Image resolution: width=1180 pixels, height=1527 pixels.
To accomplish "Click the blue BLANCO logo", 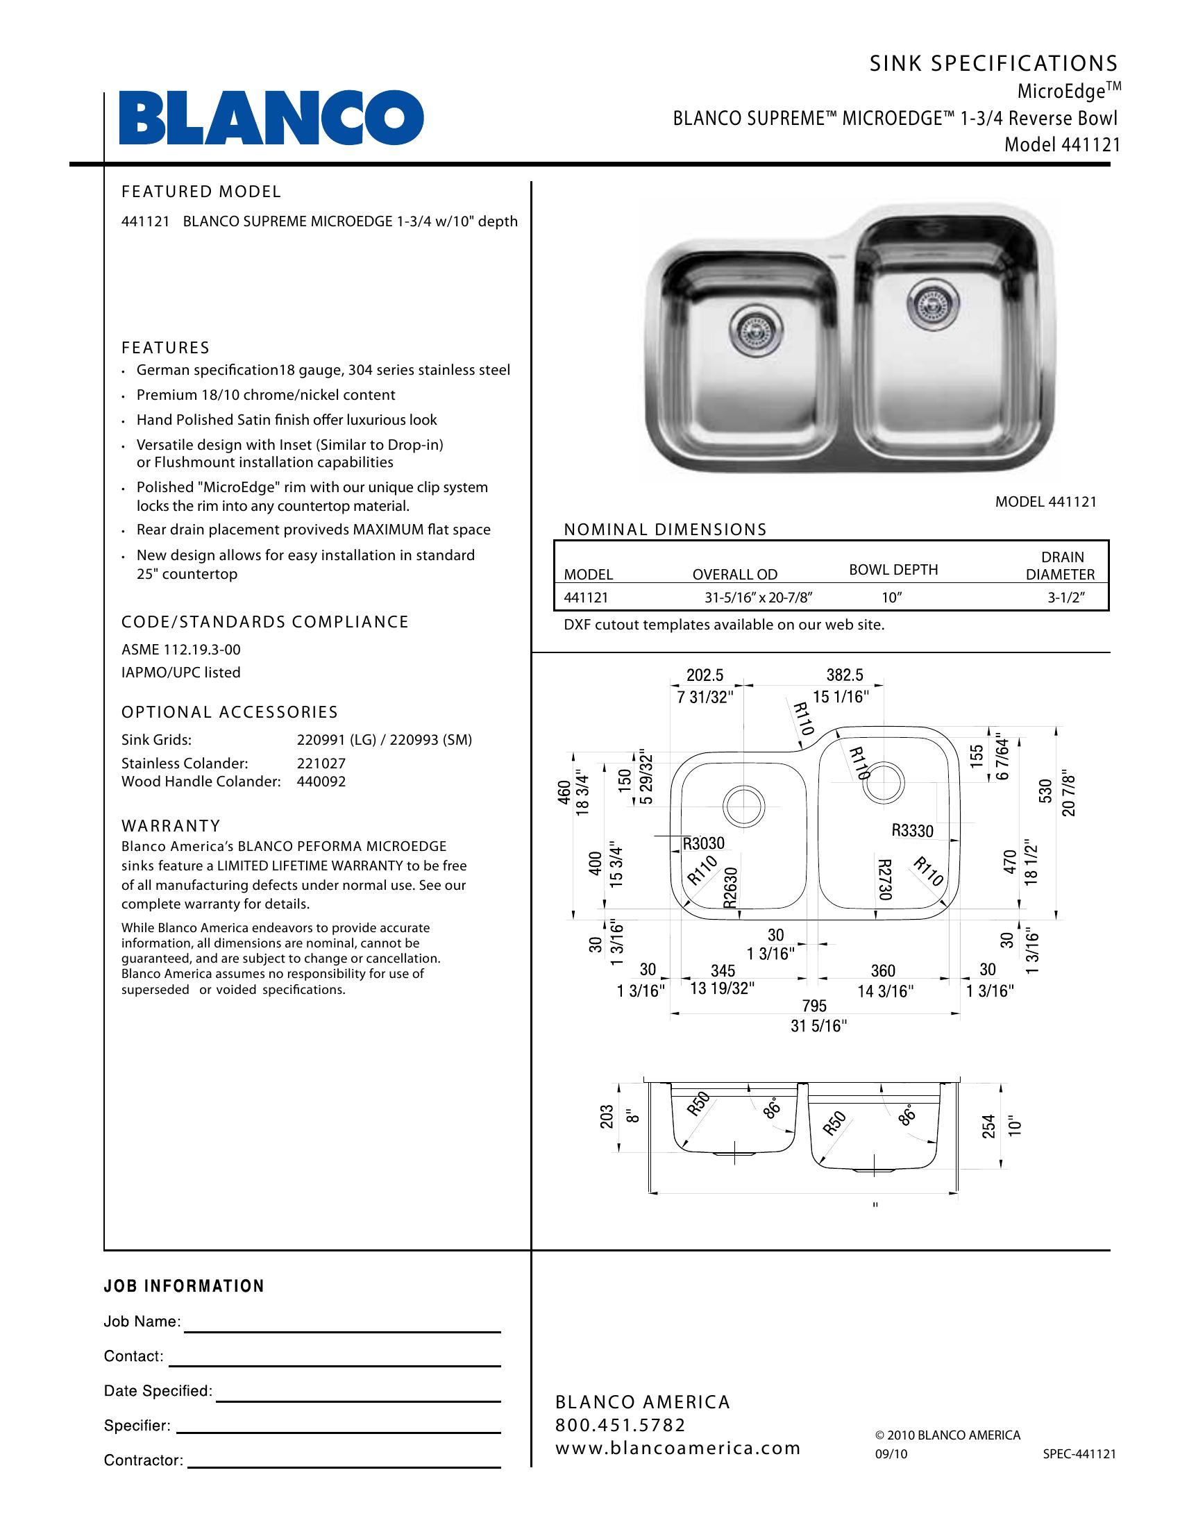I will (x=271, y=117).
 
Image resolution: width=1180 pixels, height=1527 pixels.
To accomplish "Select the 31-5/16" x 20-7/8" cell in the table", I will (x=759, y=598).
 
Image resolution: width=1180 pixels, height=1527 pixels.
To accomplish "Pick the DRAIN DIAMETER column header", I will (x=1061, y=566).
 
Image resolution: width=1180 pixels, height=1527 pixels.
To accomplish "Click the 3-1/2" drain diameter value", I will (x=1067, y=598).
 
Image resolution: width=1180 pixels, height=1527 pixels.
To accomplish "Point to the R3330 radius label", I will (x=911, y=831).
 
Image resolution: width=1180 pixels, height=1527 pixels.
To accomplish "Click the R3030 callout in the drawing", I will (x=703, y=843).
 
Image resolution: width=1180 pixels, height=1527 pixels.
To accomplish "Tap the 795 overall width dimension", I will (x=814, y=1006).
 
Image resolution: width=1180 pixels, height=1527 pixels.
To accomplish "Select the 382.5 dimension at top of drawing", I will (x=845, y=675).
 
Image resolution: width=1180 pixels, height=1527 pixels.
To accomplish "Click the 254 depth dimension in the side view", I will (x=988, y=1127).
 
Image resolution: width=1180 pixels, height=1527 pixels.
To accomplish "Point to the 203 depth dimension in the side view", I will (x=607, y=1117).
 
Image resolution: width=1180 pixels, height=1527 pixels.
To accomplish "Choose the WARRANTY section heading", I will (x=171, y=826).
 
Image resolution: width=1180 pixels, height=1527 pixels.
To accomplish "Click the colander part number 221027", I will (x=321, y=763).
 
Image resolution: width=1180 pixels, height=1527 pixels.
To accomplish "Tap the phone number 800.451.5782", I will (x=620, y=1425).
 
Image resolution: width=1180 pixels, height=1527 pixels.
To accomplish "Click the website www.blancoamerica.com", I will (x=677, y=1448).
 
